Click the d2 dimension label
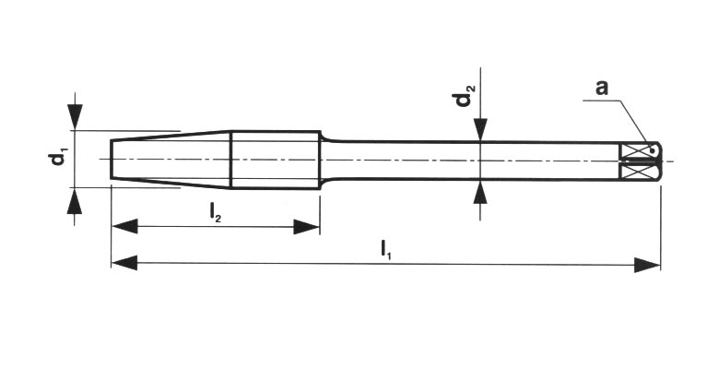[x=467, y=95]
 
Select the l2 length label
[x=215, y=212]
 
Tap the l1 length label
[x=386, y=249]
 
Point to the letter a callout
[x=601, y=89]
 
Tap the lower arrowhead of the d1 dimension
[x=76, y=200]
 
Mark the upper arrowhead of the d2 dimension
[x=479, y=131]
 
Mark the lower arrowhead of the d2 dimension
[x=479, y=192]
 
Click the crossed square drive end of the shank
[x=638, y=160]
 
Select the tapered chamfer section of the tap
[x=171, y=159]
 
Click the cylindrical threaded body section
[x=275, y=159]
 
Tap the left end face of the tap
[x=112, y=159]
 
